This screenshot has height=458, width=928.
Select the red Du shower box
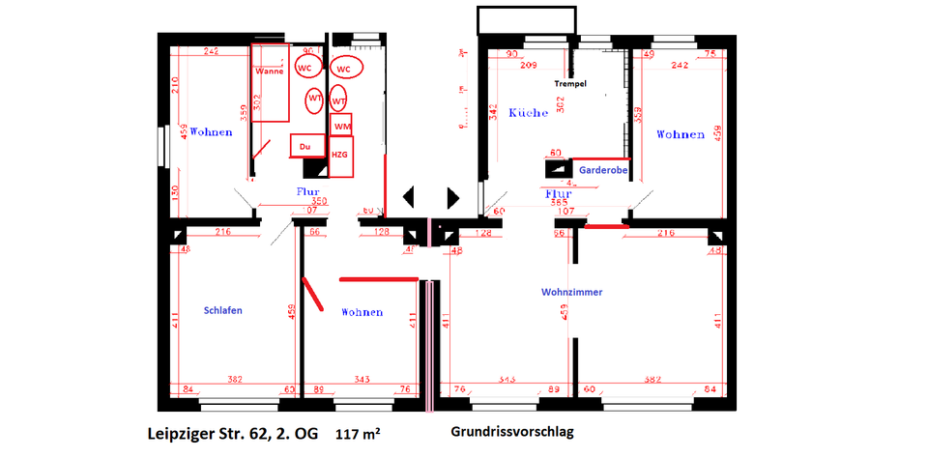coord(306,146)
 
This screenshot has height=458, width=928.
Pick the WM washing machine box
coord(341,127)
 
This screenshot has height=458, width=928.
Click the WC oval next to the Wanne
coord(305,69)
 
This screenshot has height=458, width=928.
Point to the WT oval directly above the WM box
coord(338,100)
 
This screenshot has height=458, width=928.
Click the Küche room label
coord(527,112)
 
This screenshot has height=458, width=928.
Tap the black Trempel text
coord(570,83)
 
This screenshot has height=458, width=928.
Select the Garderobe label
coord(604,169)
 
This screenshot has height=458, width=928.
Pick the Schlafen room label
coord(222,310)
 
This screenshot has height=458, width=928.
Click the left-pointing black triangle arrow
coord(409,197)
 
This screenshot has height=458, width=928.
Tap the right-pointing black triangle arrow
coord(452,197)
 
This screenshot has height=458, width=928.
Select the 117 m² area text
coord(358,434)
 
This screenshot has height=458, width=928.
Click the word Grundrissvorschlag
coord(511,432)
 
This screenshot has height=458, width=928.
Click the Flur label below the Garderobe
coord(560,192)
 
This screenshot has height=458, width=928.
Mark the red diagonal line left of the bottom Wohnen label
coord(313,296)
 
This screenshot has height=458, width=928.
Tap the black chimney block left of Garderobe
coord(559,169)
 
